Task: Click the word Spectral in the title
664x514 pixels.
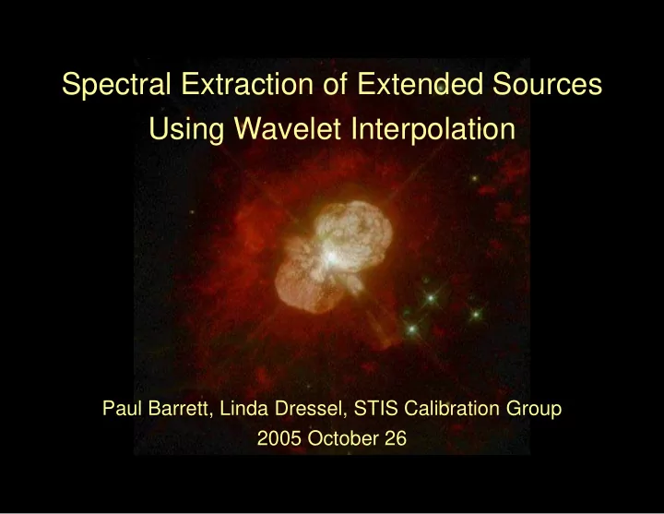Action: [116, 85]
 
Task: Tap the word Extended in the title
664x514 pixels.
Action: [420, 83]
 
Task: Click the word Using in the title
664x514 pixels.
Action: [186, 130]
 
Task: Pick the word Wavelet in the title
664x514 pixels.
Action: [288, 128]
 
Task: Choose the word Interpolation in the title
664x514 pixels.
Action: [433, 130]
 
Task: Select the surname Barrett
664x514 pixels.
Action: [180, 409]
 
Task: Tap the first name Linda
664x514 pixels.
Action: [243, 408]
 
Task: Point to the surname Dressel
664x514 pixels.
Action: [311, 409]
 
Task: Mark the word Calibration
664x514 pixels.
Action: [451, 408]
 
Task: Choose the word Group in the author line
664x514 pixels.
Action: [534, 410]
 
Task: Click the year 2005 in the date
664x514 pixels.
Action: [279, 438]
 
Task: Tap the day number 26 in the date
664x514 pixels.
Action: [396, 438]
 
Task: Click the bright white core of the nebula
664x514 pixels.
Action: [332, 257]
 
